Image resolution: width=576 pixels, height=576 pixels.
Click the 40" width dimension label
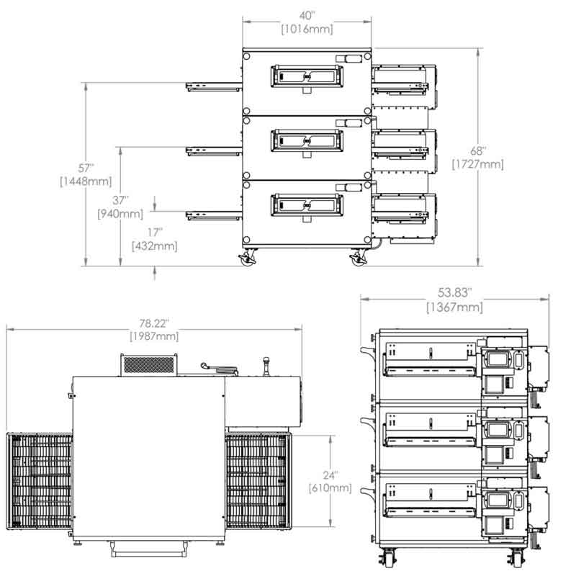[307, 16]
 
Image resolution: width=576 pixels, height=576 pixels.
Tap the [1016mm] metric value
[307, 29]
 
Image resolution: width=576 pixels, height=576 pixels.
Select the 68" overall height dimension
[478, 150]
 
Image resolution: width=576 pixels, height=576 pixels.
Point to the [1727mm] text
[478, 164]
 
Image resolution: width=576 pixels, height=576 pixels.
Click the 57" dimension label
[86, 168]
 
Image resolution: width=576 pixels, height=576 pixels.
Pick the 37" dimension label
[120, 200]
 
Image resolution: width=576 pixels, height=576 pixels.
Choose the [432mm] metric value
[155, 246]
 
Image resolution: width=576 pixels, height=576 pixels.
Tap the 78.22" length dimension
[154, 323]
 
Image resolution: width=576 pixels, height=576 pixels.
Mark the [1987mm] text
[154, 336]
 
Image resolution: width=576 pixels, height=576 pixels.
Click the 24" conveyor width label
[330, 475]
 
